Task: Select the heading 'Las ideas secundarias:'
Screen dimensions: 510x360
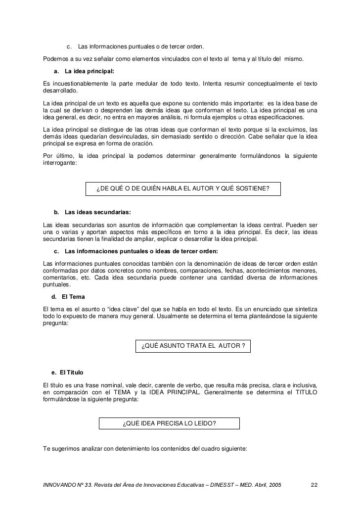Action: coord(97,213)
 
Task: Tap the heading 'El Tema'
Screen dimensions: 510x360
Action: coord(73,297)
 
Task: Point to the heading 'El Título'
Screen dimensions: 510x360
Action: coord(74,372)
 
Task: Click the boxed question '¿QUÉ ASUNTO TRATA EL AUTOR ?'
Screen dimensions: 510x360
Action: coord(193,345)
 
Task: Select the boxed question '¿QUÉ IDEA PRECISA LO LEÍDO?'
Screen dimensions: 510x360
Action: coord(169,423)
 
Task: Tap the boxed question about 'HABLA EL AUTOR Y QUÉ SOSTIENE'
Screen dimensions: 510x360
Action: coord(182,188)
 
